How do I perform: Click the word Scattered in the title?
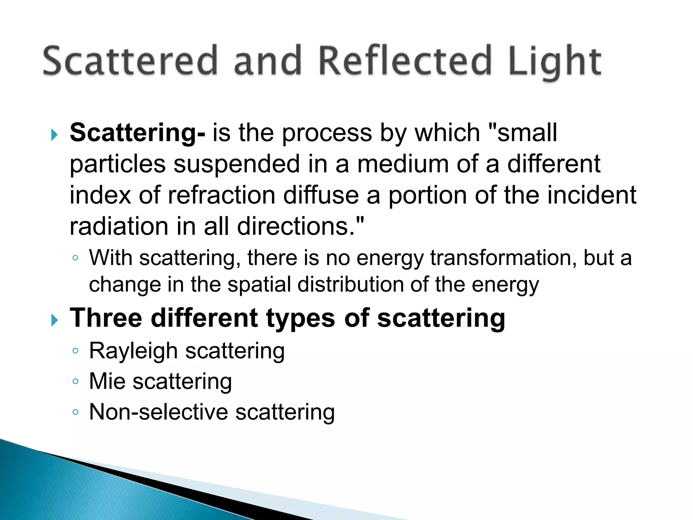(130, 61)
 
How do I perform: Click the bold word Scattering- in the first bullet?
(137, 133)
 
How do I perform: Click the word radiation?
(119, 226)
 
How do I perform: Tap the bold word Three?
(106, 318)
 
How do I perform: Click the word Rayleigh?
(133, 351)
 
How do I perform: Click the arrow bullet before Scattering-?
(54, 135)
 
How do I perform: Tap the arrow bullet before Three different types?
(54, 320)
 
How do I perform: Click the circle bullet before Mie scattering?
(75, 382)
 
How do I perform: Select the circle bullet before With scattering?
(75, 258)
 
